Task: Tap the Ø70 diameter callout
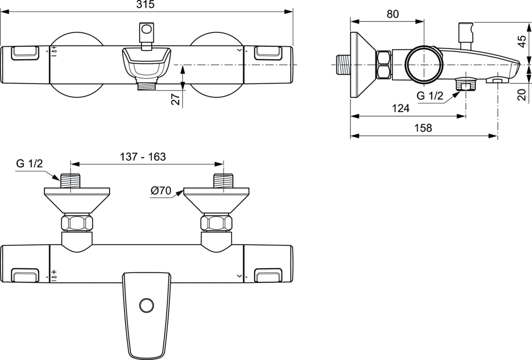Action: click(x=161, y=191)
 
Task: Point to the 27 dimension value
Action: click(x=176, y=99)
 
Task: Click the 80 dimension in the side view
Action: click(x=393, y=15)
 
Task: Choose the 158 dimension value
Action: click(x=423, y=128)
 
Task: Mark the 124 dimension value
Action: click(x=401, y=109)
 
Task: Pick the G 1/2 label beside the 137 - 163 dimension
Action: click(x=30, y=163)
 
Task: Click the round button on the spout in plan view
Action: click(x=145, y=304)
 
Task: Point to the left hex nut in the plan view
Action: click(x=77, y=223)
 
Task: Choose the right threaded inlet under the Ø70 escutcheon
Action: click(x=224, y=181)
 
